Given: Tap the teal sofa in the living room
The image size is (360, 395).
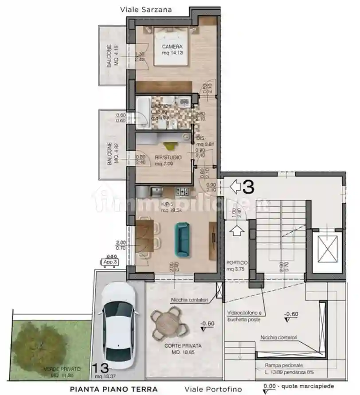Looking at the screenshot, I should (x=182, y=240).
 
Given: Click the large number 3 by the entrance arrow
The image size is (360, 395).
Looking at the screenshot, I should (x=249, y=187).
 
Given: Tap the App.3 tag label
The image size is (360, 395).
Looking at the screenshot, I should (x=110, y=262).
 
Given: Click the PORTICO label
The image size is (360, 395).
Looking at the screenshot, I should (x=237, y=262).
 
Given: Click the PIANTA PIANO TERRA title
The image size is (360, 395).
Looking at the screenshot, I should (x=114, y=389).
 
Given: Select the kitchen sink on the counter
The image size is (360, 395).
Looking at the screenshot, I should (x=156, y=192).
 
